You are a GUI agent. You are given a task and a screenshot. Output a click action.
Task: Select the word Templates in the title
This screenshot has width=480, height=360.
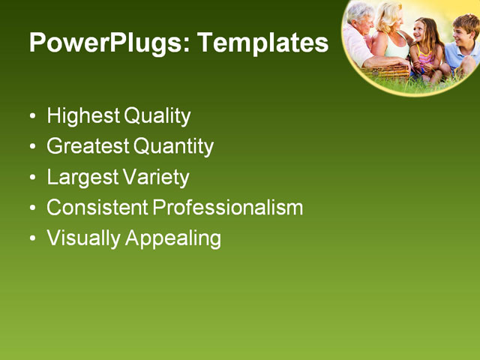[262, 43]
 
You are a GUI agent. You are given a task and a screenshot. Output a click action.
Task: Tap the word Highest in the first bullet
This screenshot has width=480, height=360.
[82, 116]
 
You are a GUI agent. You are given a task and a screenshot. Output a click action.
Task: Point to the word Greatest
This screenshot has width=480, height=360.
[87, 146]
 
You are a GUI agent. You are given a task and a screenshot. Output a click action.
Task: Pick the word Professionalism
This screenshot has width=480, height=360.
[227, 208]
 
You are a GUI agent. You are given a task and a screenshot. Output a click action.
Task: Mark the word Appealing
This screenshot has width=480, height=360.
[173, 238]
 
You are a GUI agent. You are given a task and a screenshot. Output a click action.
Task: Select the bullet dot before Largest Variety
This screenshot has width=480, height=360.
[32, 178]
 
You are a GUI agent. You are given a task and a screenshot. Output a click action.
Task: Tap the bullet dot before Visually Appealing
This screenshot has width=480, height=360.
[32, 239]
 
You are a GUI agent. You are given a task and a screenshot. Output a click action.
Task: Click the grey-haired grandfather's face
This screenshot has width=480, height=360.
[363, 18]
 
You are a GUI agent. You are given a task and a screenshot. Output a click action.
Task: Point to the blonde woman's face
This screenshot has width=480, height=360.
[392, 18]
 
